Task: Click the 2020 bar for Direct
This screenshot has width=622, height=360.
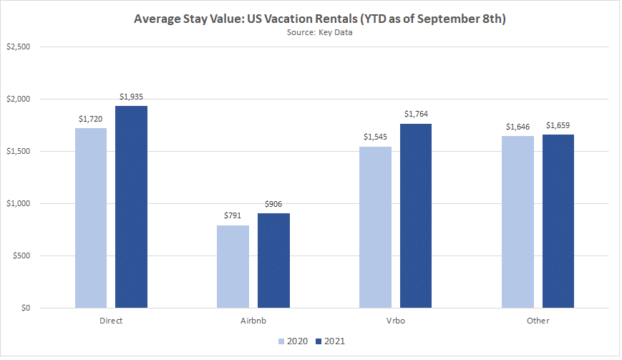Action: pos(91,218)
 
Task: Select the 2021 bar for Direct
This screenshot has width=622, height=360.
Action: pos(131,207)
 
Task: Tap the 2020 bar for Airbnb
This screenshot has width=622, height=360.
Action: pos(233,267)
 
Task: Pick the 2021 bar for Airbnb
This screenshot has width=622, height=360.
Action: pos(273,261)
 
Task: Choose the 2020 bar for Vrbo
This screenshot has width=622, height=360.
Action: pos(376,228)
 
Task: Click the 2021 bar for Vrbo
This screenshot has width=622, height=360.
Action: pos(416,216)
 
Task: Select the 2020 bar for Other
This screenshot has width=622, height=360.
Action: pos(517,222)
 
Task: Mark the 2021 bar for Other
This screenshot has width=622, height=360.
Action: pos(558,221)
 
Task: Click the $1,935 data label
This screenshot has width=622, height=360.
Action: pos(131,97)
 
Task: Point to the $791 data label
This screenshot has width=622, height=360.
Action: pos(233,216)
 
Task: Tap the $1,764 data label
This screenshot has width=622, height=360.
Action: pos(416,115)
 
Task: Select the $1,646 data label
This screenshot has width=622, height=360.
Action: pos(517,127)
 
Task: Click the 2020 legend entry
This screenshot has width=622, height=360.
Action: pos(291,341)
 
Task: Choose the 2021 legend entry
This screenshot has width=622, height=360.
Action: pos(331,341)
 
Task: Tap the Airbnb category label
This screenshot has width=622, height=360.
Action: pos(253,321)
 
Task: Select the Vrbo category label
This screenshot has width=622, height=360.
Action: pos(396,321)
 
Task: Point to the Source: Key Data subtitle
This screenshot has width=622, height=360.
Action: pos(311,32)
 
